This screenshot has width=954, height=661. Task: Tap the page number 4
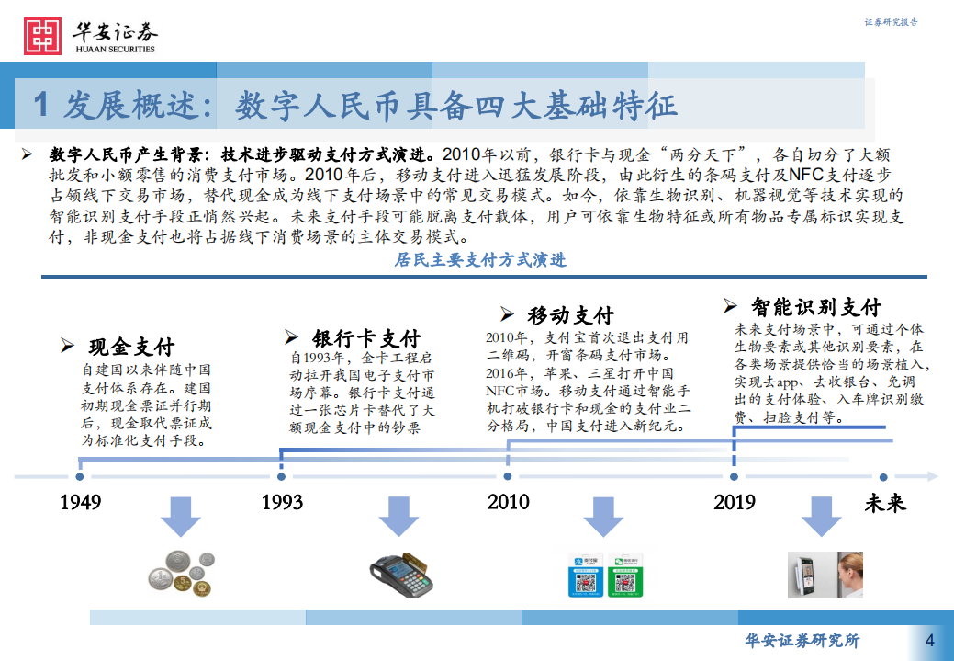point(929,642)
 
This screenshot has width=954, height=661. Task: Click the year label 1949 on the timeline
point(81,502)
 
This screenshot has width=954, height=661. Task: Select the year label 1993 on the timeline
point(282,502)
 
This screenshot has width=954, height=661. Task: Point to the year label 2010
point(509,502)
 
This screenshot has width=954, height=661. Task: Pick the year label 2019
point(735,502)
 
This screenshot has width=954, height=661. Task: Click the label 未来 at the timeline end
point(884,503)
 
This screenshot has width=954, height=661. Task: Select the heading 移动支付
point(570,315)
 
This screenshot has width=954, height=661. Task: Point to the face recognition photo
point(825,575)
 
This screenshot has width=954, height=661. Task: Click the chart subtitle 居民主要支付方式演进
point(480,260)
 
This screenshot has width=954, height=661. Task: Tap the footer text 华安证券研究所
point(802,642)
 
